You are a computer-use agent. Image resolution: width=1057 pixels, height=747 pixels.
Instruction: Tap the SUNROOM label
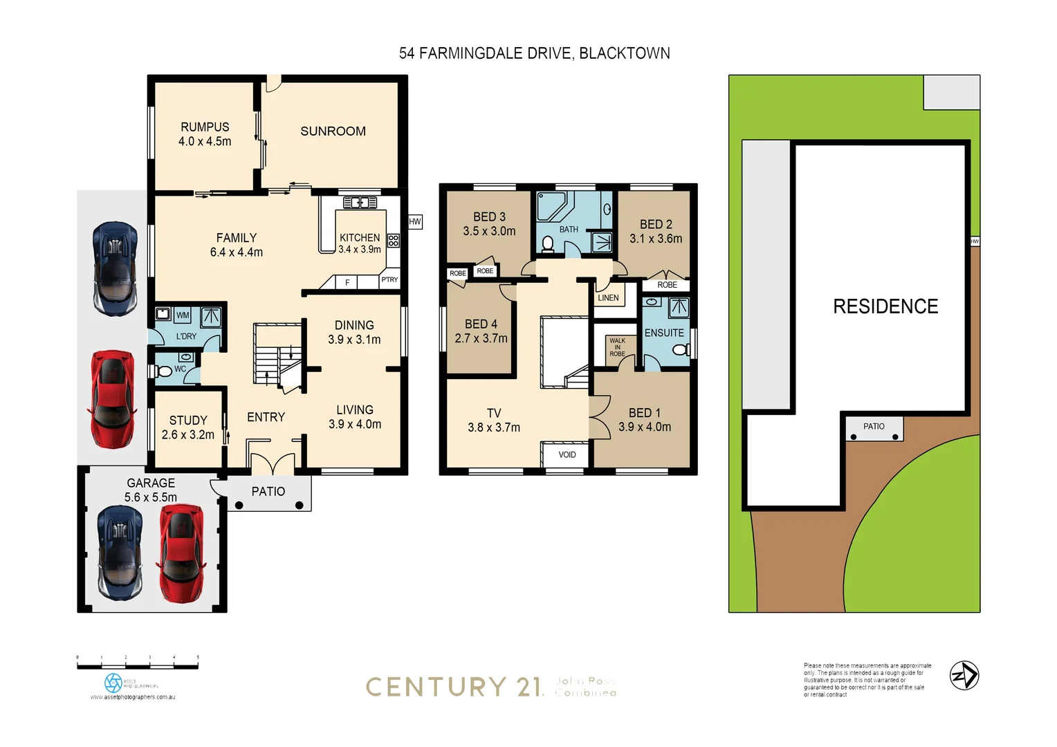pyautogui.click(x=333, y=131)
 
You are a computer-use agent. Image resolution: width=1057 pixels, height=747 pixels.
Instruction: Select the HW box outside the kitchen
pyautogui.click(x=415, y=222)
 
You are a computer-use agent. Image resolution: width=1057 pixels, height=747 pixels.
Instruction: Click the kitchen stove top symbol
pyautogui.click(x=393, y=241)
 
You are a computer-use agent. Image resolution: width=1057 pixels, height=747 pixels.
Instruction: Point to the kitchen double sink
pyautogui.click(x=360, y=203)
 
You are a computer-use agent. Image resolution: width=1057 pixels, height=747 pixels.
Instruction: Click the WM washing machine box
pyautogui.click(x=183, y=315)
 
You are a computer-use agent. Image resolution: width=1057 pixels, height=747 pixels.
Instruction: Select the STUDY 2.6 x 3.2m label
pyautogui.click(x=188, y=427)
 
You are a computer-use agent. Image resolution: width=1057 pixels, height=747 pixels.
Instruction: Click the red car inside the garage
pyautogui.click(x=181, y=553)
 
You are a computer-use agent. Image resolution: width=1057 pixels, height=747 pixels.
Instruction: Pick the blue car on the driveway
pyautogui.click(x=115, y=268)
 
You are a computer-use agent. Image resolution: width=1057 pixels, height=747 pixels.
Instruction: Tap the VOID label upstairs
pyautogui.click(x=567, y=454)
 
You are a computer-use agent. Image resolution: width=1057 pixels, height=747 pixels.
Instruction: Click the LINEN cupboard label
pyautogui.click(x=608, y=298)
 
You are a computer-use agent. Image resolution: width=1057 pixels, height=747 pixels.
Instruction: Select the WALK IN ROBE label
pyautogui.click(x=617, y=347)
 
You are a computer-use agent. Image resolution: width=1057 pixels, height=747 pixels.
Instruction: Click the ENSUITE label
pyautogui.click(x=664, y=333)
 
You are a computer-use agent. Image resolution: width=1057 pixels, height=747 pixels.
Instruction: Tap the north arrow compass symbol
pyautogui.click(x=964, y=675)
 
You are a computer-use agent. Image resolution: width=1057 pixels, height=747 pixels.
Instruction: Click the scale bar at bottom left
pyautogui.click(x=138, y=665)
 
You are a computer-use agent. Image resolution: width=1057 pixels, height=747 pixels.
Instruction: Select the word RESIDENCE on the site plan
pyautogui.click(x=885, y=306)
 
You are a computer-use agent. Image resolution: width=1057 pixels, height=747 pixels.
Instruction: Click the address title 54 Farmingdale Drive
pyautogui.click(x=534, y=53)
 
